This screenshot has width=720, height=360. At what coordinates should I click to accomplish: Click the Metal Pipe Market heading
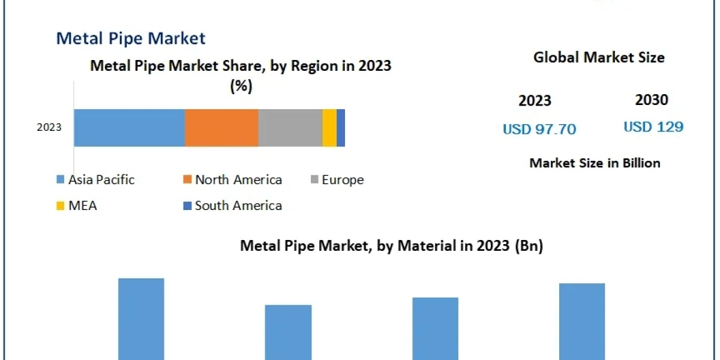(131, 38)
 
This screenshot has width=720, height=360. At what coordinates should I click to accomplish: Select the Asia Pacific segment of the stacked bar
(129, 128)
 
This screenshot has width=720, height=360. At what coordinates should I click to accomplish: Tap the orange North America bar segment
(221, 128)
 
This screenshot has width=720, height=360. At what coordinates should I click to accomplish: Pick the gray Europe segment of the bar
(290, 128)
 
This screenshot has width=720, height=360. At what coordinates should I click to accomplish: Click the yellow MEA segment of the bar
(329, 128)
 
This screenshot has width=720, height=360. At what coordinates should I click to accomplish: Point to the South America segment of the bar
(341, 128)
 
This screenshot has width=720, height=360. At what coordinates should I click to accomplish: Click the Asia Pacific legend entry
(96, 179)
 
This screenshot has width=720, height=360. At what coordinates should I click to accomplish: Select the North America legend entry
(232, 179)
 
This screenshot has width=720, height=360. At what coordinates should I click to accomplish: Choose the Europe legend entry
(337, 179)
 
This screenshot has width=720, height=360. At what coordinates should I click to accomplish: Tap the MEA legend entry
(77, 206)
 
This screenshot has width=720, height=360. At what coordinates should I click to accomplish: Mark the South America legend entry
(232, 206)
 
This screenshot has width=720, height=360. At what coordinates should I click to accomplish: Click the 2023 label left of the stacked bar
(49, 127)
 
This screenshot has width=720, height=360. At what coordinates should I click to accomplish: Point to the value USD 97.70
(539, 129)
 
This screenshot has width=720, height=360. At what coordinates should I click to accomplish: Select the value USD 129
(653, 127)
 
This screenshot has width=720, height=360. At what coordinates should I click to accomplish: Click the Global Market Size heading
(599, 58)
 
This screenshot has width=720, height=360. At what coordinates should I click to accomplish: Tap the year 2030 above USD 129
(652, 100)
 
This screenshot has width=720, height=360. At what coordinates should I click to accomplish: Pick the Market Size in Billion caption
(595, 163)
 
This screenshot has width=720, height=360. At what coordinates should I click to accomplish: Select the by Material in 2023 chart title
(391, 245)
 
